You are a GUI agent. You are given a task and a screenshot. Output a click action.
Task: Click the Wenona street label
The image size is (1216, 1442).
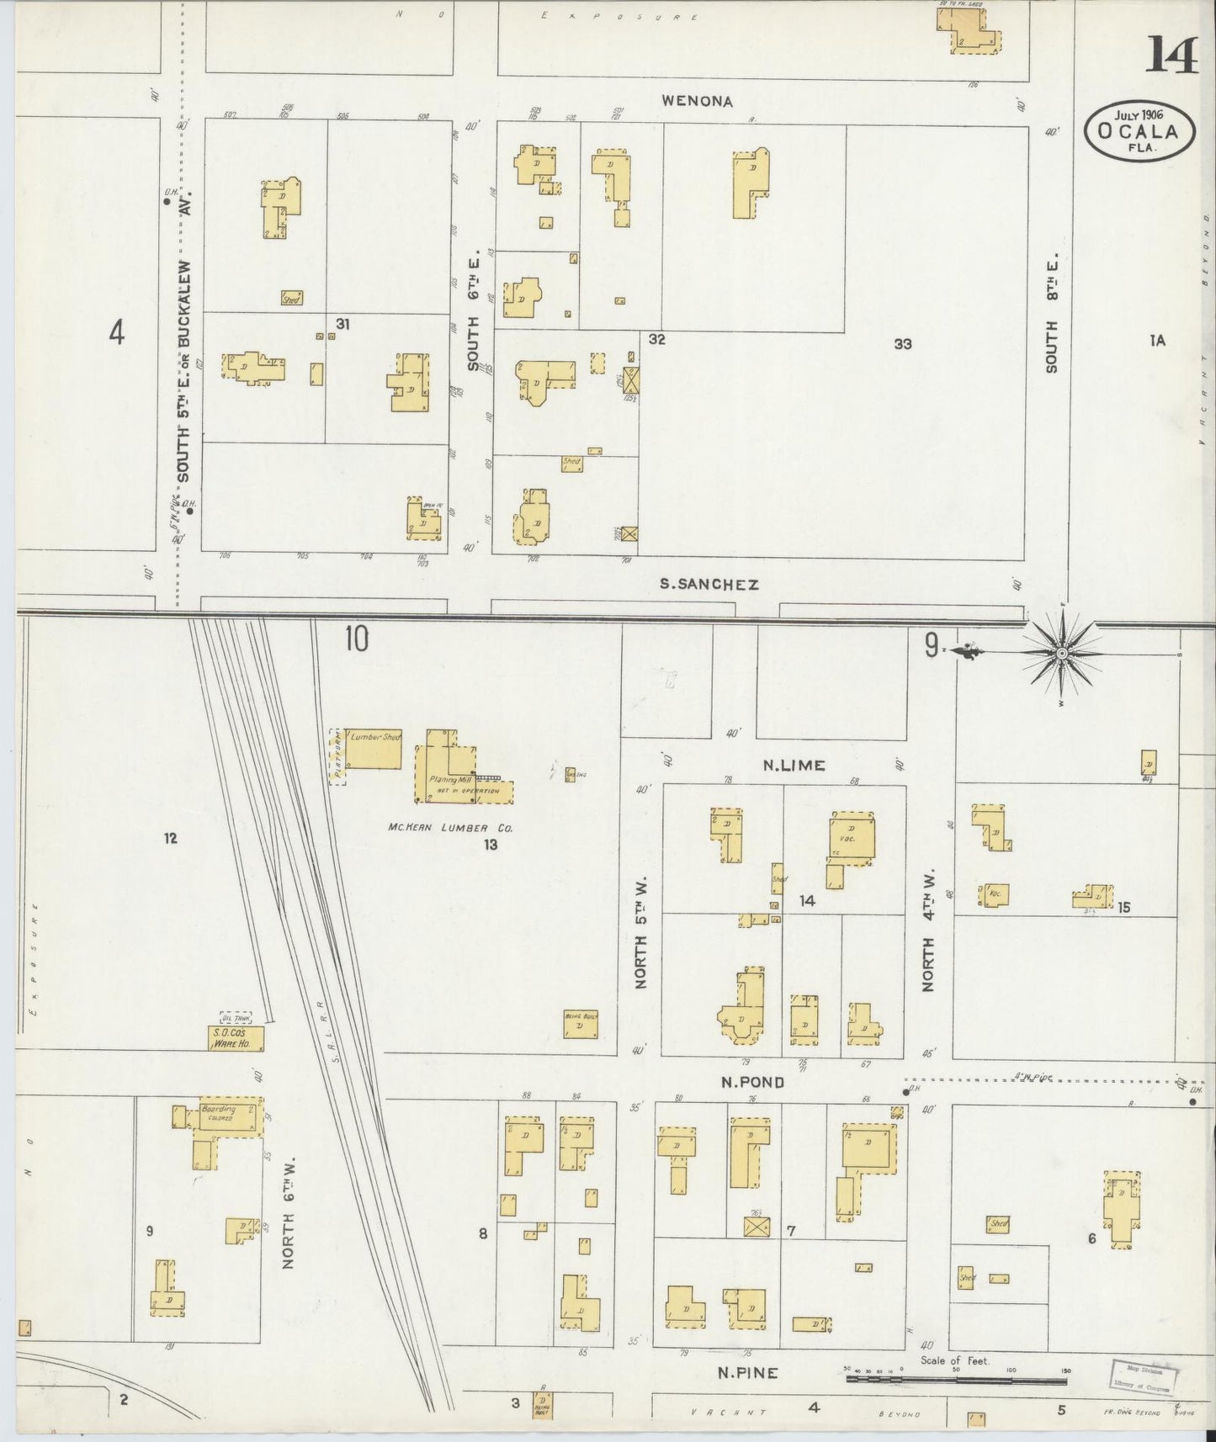click(x=697, y=101)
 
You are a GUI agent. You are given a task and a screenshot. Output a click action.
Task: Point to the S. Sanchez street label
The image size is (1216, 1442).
click(x=709, y=584)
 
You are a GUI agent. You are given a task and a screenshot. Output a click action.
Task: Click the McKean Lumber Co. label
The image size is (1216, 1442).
click(x=449, y=827)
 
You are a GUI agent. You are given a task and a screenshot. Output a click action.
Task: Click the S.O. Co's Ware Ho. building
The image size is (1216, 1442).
click(x=236, y=1038)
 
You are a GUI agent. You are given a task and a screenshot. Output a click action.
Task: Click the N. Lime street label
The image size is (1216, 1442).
click(x=794, y=765)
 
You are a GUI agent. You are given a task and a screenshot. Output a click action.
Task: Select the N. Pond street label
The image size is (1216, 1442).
click(x=752, y=1082)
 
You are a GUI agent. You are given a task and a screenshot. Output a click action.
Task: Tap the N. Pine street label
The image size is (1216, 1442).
click(x=747, y=1373)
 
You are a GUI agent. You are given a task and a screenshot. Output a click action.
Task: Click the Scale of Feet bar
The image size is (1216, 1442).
click(x=955, y=1379)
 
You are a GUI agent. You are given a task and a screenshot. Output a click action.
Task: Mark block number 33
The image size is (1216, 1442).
click(x=902, y=343)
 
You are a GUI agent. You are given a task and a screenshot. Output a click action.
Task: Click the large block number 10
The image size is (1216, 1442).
click(x=356, y=639)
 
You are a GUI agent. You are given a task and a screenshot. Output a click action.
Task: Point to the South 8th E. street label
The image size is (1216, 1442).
click(x=1052, y=315)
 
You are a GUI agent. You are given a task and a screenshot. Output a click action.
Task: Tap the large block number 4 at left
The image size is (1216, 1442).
click(x=116, y=333)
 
